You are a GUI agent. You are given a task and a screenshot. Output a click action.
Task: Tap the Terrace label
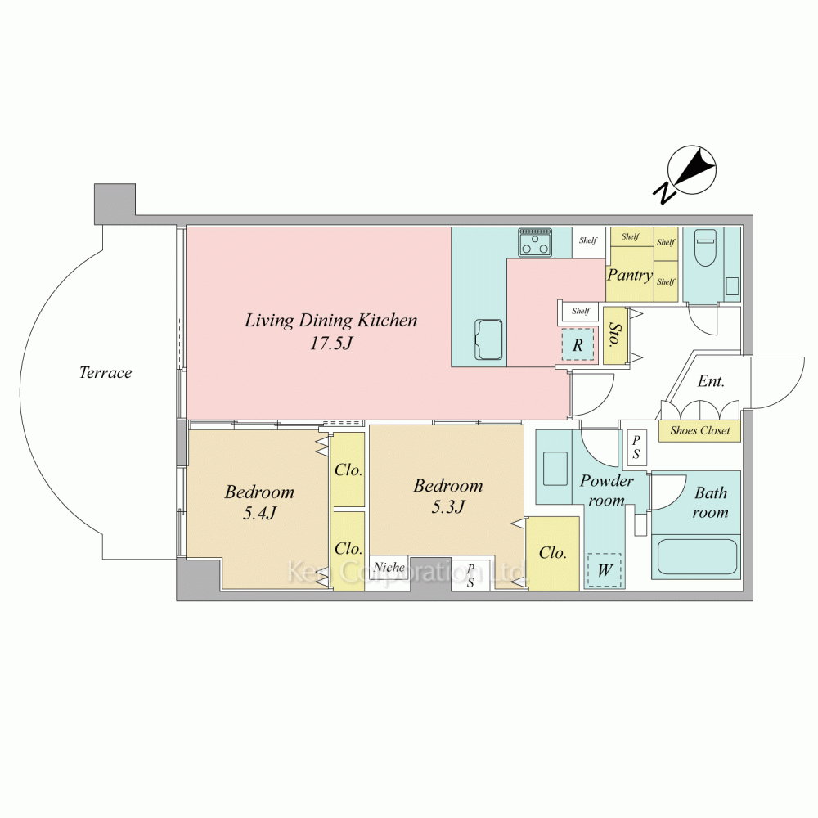pos(106,373)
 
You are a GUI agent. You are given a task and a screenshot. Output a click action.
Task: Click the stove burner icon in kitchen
pos(535,241)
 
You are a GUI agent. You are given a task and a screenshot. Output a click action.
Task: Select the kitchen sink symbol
pos(489,338)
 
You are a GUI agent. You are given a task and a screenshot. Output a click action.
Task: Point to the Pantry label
pos(629,275)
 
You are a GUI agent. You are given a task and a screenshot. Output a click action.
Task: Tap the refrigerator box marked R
pos(578,345)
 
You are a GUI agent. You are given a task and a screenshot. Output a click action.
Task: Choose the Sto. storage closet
pos(614,336)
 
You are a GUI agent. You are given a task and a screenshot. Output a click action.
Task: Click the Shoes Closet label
pos(699,430)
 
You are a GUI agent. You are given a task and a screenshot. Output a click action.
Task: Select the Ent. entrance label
pos(711,381)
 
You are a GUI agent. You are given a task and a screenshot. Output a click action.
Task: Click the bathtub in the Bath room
pos(699,557)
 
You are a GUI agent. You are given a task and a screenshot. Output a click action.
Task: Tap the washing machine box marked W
pos(604,570)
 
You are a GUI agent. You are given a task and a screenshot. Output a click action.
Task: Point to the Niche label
pos(389,567)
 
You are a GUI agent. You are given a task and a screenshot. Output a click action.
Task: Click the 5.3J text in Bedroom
pos(448,506)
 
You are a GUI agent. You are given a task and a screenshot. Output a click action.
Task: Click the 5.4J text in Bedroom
pos(259,513)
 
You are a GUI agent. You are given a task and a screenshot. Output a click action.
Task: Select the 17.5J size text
pos(330,343)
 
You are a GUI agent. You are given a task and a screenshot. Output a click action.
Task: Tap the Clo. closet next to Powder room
pos(553,553)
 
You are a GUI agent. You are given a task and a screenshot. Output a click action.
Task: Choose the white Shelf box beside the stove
pos(588,241)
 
